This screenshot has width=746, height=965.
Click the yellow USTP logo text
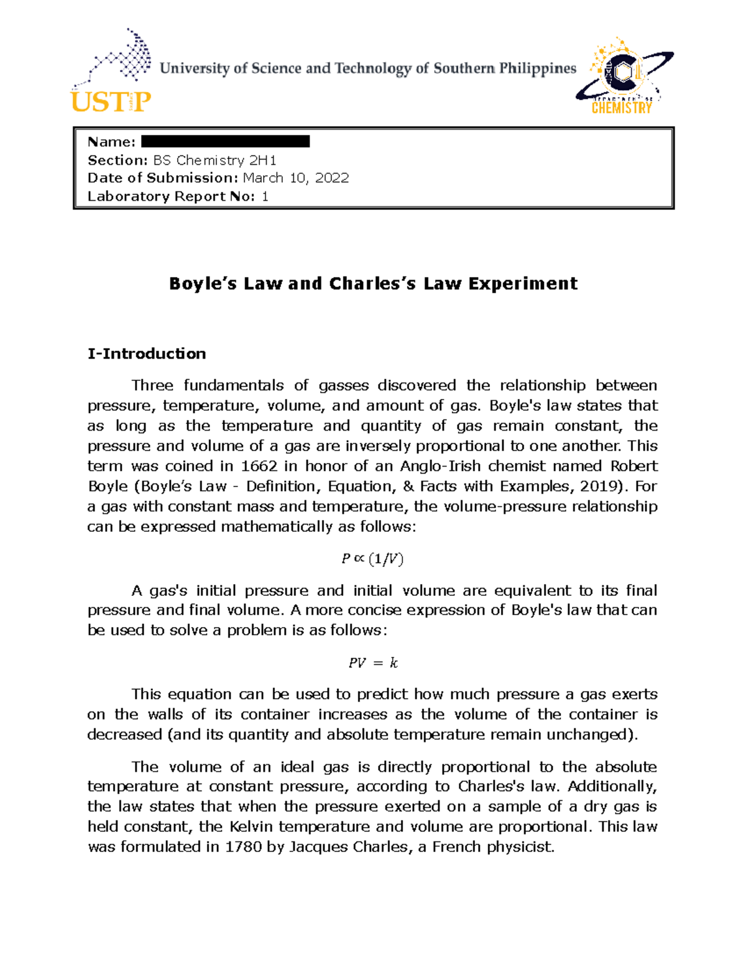pos(111,101)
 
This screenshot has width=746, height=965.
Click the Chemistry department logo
pos(623,78)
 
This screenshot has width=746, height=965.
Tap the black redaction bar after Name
pos(225,142)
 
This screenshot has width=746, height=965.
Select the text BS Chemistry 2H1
pos(214,160)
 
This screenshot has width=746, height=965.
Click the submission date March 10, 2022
pos(295,178)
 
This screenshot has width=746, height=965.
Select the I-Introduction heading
pos(147,354)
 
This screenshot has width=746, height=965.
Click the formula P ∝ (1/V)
pos(372,559)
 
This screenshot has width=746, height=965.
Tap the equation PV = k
pos(372,663)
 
